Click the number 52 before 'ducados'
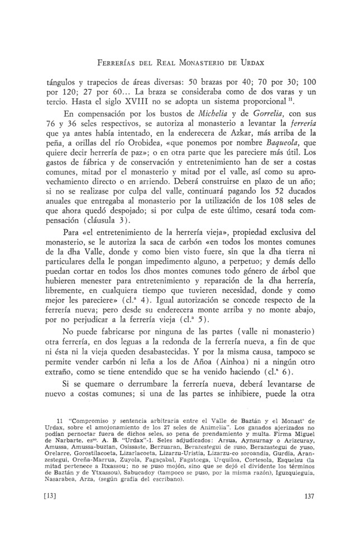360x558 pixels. (275, 198)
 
